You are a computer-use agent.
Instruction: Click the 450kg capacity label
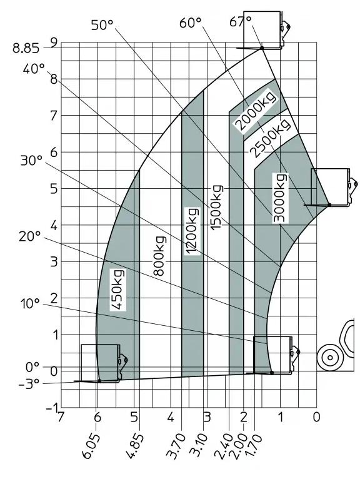coord(117,290)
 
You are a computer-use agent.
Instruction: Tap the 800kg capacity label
coord(159,256)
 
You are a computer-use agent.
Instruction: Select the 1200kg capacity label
coord(192,231)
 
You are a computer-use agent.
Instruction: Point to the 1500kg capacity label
coord(216,208)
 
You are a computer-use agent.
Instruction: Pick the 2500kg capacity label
coord(269,138)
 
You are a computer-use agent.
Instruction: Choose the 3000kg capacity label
coord(280,198)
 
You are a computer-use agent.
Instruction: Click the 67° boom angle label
coord(240,21)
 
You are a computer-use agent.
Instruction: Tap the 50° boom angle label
coord(102,25)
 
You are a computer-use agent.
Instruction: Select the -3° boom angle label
coord(29,384)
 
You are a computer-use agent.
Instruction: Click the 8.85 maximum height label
coord(26,48)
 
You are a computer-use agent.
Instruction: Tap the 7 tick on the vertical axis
coord(54,116)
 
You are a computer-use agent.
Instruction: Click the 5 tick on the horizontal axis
coord(134,416)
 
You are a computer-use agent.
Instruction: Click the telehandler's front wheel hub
coord(330,358)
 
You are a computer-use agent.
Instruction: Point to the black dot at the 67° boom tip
coord(262,48)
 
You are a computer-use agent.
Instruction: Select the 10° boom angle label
coord(30,304)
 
